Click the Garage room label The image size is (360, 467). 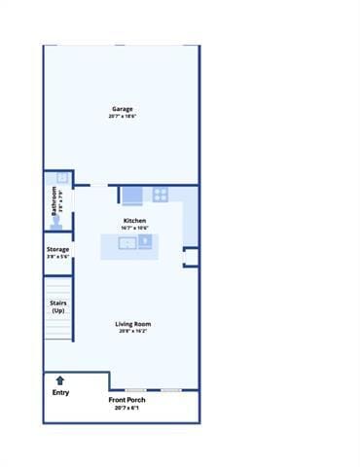122,109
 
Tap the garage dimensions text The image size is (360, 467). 122,116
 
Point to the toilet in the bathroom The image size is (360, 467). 57,223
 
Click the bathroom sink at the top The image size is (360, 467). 61,178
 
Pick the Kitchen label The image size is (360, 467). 133,221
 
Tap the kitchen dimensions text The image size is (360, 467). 133,228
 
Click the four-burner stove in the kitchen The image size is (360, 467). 161,195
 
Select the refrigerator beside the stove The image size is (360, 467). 133,195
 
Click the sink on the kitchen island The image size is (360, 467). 126,243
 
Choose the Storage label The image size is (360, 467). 57,249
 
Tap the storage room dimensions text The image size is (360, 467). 57,257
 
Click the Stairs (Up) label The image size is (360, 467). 58,306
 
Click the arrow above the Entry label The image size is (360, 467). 60,380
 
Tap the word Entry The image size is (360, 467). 60,392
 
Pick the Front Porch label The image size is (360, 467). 126,400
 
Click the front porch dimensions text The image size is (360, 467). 126,408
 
